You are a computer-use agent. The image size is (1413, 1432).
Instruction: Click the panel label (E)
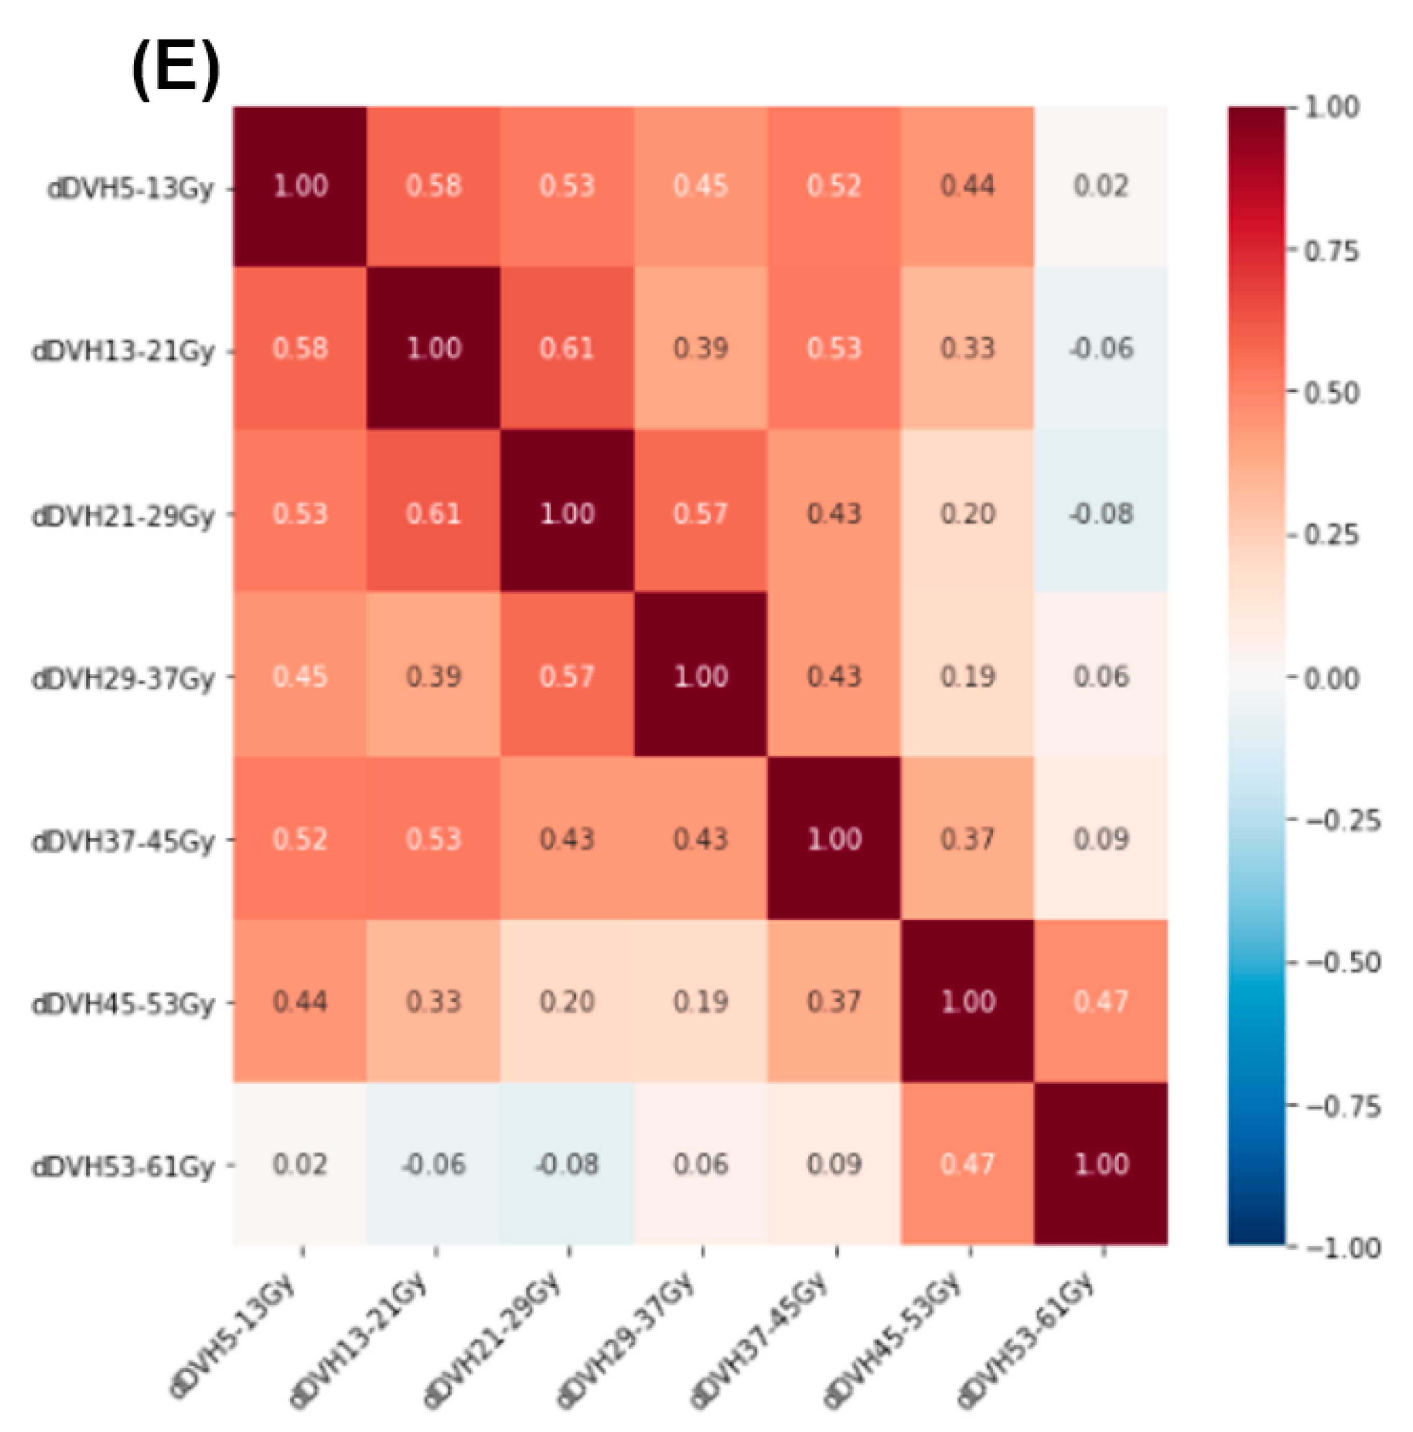pyautogui.click(x=175, y=71)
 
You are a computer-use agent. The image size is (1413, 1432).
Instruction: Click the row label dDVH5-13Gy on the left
pyautogui.click(x=130, y=188)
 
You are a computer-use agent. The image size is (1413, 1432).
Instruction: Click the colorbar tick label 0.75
pyautogui.click(x=1332, y=251)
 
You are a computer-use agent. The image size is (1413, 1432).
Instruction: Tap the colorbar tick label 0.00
pyautogui.click(x=1332, y=678)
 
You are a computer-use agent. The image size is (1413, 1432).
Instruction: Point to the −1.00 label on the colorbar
pyautogui.click(x=1342, y=1248)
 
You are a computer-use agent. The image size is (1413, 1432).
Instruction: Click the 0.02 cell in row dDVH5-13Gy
pyautogui.click(x=1101, y=185)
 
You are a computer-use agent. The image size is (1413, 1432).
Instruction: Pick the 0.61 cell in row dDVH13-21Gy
pyautogui.click(x=567, y=349)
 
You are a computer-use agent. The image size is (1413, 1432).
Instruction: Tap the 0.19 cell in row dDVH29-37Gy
pyautogui.click(x=968, y=676)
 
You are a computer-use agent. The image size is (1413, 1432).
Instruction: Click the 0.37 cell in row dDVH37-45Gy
pyautogui.click(x=968, y=839)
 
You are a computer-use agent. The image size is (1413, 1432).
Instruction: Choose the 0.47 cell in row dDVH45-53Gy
pyautogui.click(x=1101, y=1001)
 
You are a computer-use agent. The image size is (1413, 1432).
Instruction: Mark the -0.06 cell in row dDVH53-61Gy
pyautogui.click(x=433, y=1165)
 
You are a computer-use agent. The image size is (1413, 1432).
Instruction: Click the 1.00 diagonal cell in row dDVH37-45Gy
pyautogui.click(x=834, y=839)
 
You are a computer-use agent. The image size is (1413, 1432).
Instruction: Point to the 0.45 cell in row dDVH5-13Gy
pyautogui.click(x=700, y=185)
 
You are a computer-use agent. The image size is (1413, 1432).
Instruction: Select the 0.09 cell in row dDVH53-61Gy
pyautogui.click(x=834, y=1165)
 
